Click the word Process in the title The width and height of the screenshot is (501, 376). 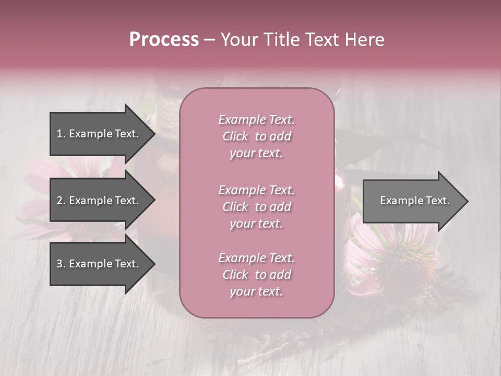pos(164,40)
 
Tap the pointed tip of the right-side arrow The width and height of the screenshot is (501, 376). pos(467,201)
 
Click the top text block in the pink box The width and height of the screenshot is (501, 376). pos(256,136)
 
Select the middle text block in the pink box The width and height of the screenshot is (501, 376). pos(256,207)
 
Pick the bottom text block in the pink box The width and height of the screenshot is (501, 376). pos(256,275)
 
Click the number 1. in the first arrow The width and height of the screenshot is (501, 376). pos(61,134)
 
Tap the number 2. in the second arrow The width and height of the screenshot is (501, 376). pos(61,201)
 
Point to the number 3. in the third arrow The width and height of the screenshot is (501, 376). pos(61,264)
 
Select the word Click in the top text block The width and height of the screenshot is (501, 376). pos(235,136)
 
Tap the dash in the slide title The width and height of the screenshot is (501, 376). pos(209,40)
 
